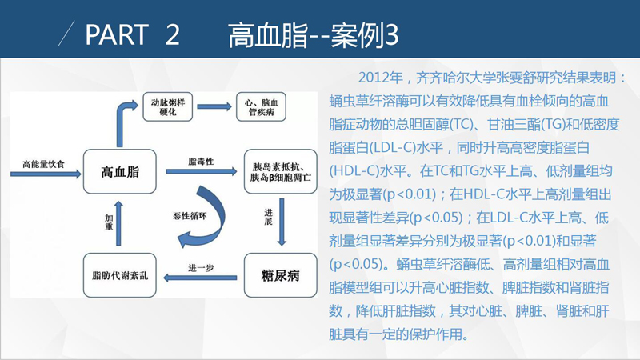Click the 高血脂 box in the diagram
119,171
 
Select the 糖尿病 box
281,275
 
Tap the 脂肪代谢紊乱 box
119,275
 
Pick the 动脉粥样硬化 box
168,107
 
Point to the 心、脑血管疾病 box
262,107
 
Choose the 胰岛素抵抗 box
281,171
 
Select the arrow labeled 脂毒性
202,171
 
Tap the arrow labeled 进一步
200,278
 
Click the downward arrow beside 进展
282,222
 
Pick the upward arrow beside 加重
118,223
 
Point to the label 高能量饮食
44,165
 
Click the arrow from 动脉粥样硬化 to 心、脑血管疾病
214,106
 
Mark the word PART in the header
117,34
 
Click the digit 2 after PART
173,34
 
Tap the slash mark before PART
66,33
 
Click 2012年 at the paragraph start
381,78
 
